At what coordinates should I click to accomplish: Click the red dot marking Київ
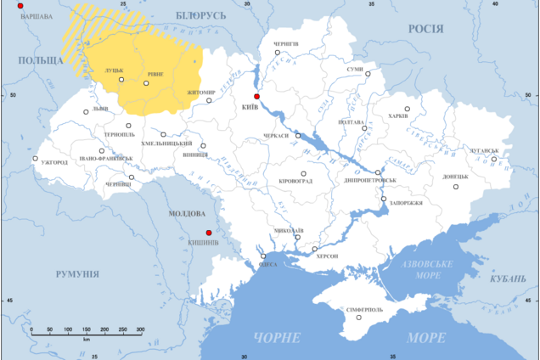[257, 97]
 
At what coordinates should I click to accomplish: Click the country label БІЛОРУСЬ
[201, 15]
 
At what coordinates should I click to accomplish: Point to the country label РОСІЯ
[426, 28]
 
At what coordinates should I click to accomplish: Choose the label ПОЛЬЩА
[41, 60]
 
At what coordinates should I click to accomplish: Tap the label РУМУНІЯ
[77, 274]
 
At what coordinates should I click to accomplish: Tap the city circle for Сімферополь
[359, 318]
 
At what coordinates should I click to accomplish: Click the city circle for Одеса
[263, 256]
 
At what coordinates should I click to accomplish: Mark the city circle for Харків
[407, 109]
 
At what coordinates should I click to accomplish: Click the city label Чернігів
[286, 42]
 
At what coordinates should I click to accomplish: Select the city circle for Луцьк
[121, 81]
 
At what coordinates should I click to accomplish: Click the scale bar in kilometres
[86, 330]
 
